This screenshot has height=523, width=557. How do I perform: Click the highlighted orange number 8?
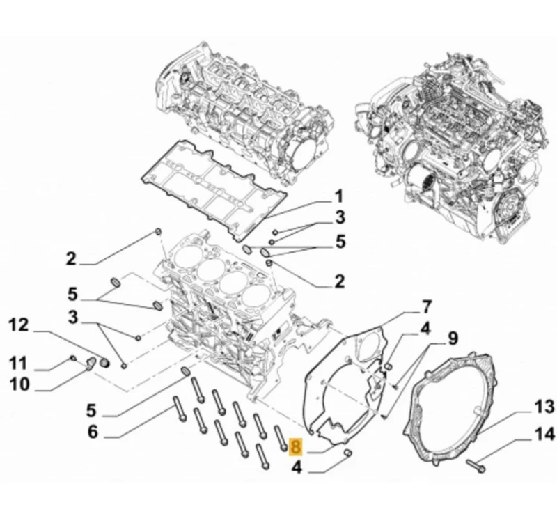pos(296,445)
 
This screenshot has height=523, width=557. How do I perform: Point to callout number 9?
pos(452,339)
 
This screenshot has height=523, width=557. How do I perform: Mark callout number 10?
pos(19,384)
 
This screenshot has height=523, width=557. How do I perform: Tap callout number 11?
pos(19,363)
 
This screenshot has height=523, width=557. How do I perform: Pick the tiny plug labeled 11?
pos(73,358)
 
